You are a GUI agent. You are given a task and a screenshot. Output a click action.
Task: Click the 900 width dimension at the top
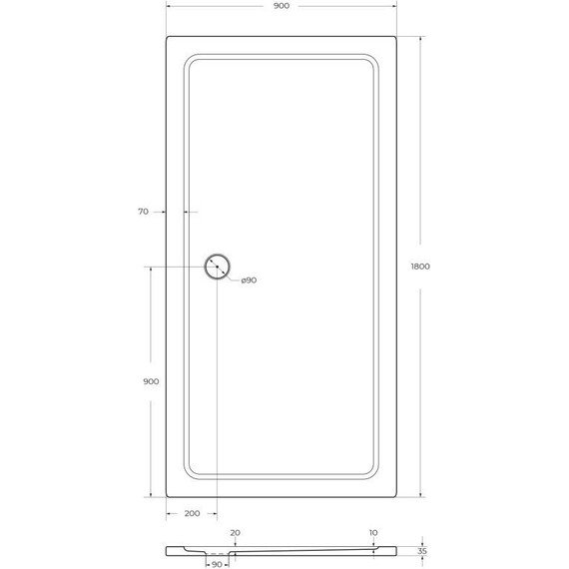[x=282, y=6]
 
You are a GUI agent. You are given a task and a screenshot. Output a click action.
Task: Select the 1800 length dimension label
[x=420, y=267]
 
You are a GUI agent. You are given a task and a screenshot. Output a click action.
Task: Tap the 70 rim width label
[x=144, y=212]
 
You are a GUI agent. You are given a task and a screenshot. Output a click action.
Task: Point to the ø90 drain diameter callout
[x=249, y=281]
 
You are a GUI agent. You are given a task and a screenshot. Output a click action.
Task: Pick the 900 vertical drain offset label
[x=151, y=381]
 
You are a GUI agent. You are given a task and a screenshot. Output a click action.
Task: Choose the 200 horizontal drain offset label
[x=192, y=513]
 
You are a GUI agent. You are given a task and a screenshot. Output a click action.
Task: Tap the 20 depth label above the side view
[x=236, y=533]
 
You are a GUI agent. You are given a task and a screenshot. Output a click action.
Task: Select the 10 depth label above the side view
[x=373, y=533]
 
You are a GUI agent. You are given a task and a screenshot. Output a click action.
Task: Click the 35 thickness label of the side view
[x=422, y=551]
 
